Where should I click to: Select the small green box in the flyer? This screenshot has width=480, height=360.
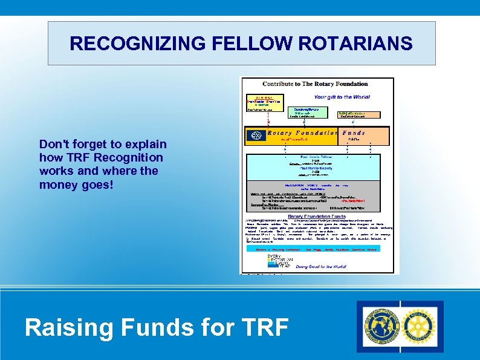[311, 113]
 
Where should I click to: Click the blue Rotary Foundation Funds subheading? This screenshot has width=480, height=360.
[317, 216]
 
